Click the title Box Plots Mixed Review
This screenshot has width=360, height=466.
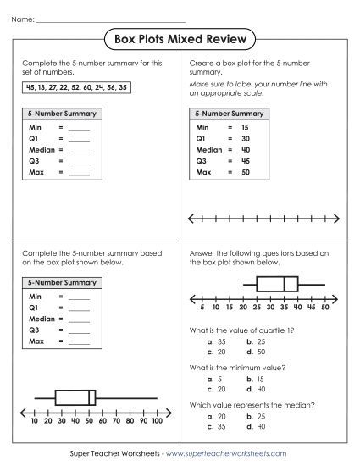point(180,38)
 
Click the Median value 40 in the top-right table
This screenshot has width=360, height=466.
point(245,148)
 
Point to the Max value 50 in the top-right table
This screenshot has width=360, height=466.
point(245,171)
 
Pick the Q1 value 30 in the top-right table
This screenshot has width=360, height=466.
point(245,137)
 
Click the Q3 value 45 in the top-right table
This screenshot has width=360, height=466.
point(245,160)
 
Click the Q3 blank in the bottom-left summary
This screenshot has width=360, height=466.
point(78,330)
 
